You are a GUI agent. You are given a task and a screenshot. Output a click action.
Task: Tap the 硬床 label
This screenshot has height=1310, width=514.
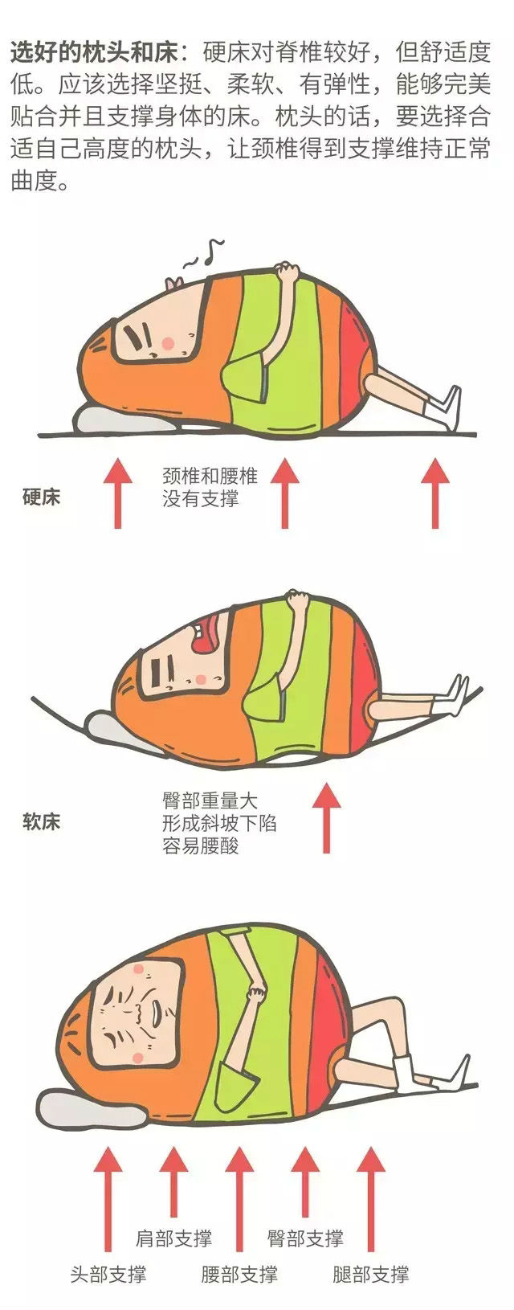pos(42,497)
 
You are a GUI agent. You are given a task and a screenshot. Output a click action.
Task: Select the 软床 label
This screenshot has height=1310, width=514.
pos(42,821)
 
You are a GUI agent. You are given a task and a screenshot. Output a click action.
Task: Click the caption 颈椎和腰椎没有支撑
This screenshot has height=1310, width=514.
pos(210,486)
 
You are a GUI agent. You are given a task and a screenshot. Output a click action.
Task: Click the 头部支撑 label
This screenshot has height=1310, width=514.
pos(108,1274)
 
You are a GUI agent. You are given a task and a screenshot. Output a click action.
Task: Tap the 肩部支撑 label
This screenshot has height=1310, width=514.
pos(173,1238)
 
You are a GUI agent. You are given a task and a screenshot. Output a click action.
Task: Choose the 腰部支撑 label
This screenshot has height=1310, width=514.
pos(239,1274)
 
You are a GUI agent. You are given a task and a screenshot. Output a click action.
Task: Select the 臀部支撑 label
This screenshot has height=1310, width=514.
pos(305,1238)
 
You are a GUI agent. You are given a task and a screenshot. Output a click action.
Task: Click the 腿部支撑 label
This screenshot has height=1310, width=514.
pos(370,1274)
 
